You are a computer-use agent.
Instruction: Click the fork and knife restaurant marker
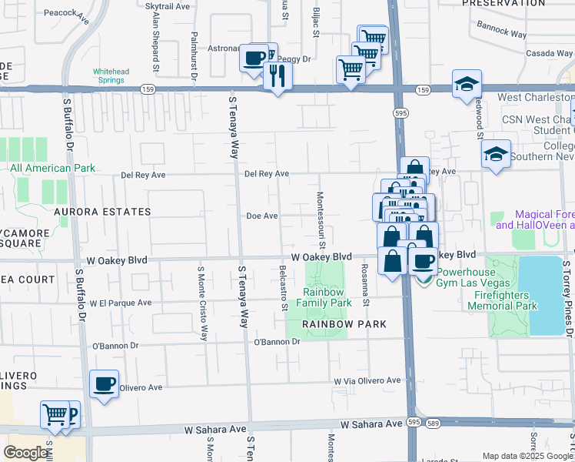[x=277, y=76]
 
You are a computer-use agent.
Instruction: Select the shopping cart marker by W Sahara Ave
[x=55, y=415]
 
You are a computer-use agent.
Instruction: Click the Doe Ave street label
[x=261, y=216]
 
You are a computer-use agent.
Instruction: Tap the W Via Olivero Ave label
[x=367, y=380]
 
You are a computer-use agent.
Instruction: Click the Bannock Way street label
[x=501, y=34]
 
